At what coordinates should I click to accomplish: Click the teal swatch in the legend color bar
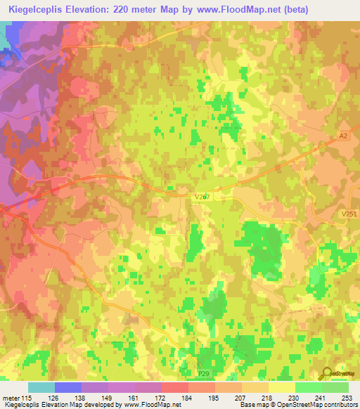[41, 387]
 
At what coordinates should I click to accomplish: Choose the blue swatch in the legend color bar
[68, 387]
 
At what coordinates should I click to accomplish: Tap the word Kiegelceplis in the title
[32, 8]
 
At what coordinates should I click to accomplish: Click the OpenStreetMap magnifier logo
[326, 373]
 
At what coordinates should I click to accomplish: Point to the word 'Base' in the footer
[244, 405]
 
